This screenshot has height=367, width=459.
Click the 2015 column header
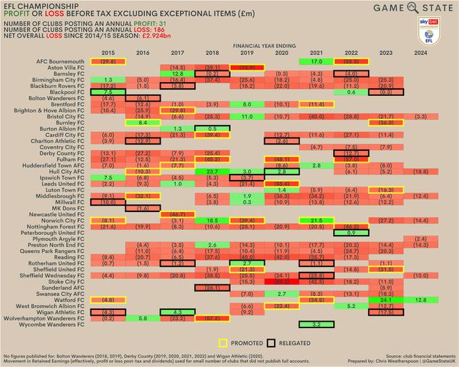coord(108,53)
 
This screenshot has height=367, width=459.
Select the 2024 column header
coord(420,53)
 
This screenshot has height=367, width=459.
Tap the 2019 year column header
coord(247,53)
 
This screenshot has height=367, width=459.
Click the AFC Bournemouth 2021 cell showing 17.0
coord(316,61)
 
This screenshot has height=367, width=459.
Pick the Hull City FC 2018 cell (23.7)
coord(212,171)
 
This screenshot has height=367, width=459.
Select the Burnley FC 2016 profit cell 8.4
coord(143,122)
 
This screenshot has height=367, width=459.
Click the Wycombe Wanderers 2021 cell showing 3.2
coord(316,324)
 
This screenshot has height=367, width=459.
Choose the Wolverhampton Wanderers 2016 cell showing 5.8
coord(143,318)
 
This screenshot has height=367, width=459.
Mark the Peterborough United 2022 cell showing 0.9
coord(351,232)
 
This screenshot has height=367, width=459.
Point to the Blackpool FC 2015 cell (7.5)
coord(108,92)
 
